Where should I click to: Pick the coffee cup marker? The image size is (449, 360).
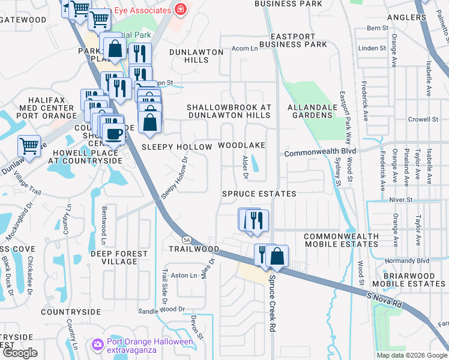click(x=113, y=133)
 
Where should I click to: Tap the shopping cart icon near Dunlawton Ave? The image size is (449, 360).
click(x=28, y=145)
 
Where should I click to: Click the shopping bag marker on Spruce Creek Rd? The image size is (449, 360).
click(x=277, y=256)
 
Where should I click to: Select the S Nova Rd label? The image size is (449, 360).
click(x=385, y=298)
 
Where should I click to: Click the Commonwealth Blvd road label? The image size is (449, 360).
click(x=320, y=152)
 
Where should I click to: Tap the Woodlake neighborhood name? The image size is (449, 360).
click(x=241, y=146)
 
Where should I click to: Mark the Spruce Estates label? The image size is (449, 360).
click(x=259, y=194)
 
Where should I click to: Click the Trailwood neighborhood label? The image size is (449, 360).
click(x=193, y=248)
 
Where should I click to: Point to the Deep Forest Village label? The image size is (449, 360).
click(x=119, y=257)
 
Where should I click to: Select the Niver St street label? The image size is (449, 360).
click(x=400, y=199)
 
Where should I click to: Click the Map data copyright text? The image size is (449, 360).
click(x=412, y=355)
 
